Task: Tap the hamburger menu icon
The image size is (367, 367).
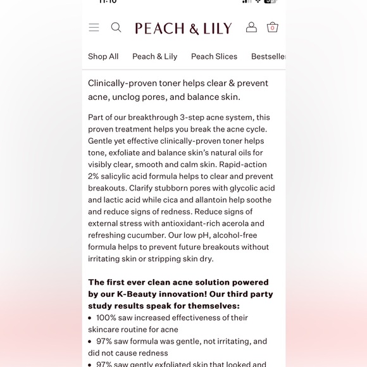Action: pos(94,27)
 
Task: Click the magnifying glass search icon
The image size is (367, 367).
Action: pos(116,27)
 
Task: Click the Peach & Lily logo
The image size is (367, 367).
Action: pos(183,28)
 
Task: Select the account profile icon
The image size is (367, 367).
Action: pos(251,27)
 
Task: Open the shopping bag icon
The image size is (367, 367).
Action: pos(273,27)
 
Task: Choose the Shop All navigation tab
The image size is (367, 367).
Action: pos(103,56)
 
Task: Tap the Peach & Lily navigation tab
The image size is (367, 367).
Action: pos(154,56)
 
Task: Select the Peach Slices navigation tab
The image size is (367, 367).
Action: pos(214,56)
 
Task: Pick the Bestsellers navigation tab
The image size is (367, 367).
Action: pos(268,56)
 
